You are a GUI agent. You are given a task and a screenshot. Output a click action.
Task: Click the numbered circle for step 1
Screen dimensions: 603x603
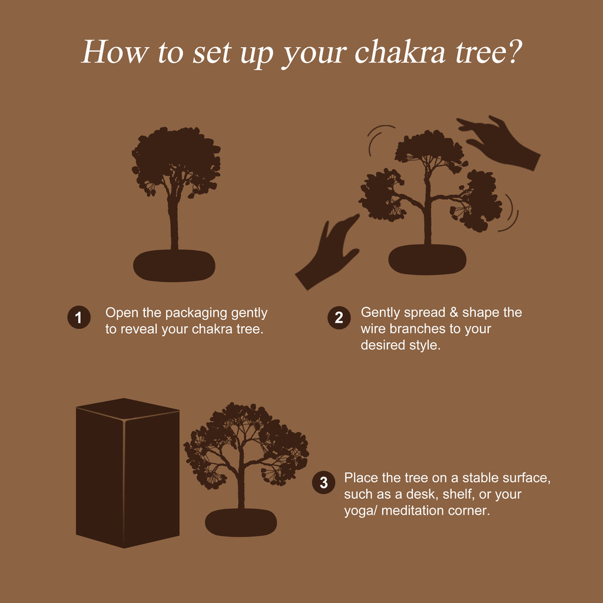79,317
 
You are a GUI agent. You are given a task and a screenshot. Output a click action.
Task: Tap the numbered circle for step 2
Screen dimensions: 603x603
339,317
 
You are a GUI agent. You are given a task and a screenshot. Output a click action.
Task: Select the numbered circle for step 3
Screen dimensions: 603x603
323,482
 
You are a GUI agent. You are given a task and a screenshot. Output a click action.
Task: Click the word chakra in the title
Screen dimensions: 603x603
400,52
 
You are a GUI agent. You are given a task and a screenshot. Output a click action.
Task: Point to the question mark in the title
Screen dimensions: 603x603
513,52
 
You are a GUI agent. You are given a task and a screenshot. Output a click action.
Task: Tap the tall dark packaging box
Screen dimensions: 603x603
128,473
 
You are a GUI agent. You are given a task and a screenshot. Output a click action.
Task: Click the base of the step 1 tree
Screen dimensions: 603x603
174,266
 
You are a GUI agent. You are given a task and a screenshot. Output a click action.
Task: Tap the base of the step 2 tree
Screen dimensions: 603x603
428,260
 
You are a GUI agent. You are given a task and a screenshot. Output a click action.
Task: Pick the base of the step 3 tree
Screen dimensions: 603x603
241,522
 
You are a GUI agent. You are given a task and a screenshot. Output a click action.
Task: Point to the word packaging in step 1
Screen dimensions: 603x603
196,314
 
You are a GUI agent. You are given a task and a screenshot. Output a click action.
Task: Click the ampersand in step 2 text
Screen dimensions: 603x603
454,312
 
